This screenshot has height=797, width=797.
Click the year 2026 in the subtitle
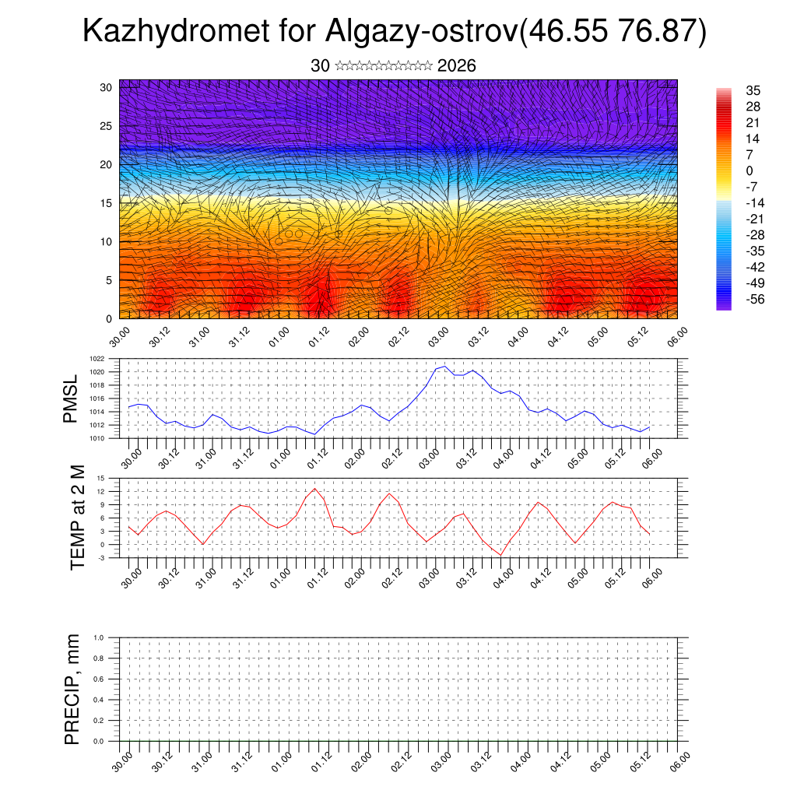pos(457,66)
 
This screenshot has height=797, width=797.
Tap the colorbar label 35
pos(753,90)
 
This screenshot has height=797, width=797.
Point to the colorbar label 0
pos(750,170)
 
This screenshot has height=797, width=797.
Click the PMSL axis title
pos(71,398)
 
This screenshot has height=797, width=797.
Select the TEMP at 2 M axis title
pos(77,518)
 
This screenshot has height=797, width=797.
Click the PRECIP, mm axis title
pos(72,689)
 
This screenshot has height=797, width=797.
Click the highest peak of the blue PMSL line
pos(444,366)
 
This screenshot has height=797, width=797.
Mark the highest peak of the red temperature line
pos(315,489)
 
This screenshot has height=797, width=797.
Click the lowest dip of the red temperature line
pos(502,555)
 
